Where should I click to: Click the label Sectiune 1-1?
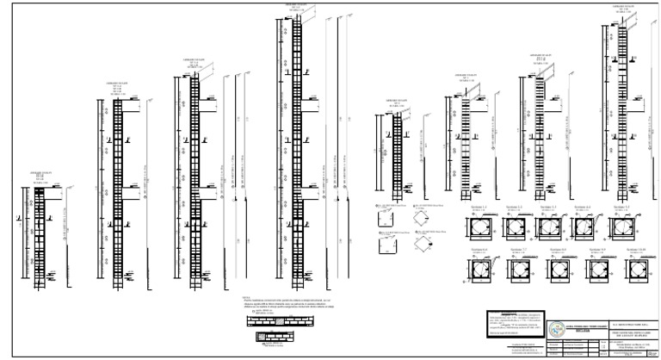pyautogui.click(x=479, y=208)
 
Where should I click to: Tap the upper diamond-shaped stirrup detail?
pyautogui.click(x=422, y=223)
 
